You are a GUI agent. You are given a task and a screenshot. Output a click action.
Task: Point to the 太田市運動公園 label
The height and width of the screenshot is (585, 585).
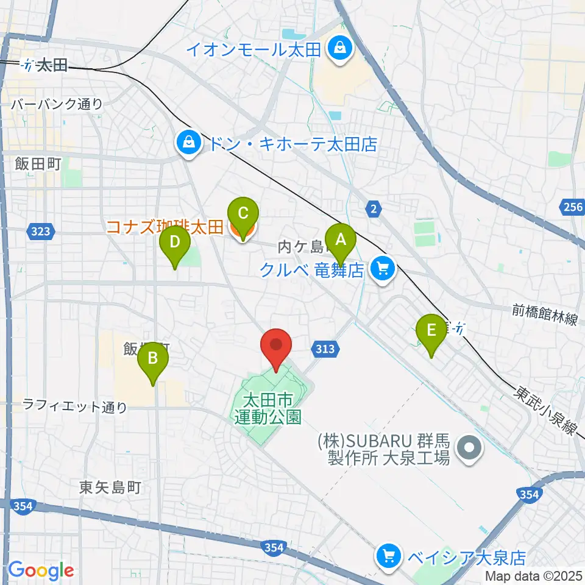pyautogui.click(x=268, y=409)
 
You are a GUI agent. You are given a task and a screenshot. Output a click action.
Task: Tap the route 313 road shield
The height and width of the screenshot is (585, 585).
pyautogui.click(x=325, y=349)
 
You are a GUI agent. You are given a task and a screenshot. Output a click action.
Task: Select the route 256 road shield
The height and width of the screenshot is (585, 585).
pyautogui.click(x=573, y=208)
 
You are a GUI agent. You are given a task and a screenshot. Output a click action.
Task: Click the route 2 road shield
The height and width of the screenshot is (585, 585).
pyautogui.click(x=374, y=209)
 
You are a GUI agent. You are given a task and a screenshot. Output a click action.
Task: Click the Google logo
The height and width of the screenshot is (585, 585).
pyautogui.click(x=41, y=571)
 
